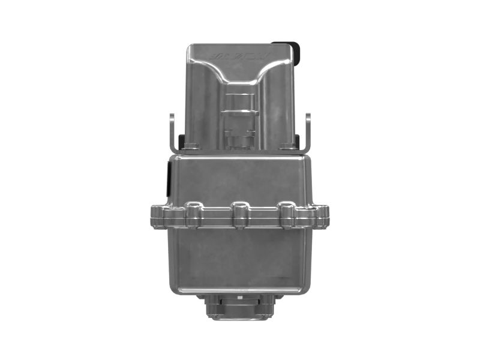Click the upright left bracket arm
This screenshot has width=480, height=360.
click(x=172, y=132)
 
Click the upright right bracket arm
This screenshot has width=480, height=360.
click(x=308, y=132)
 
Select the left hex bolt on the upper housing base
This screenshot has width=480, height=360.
click(x=191, y=146)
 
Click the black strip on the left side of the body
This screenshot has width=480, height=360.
click(x=168, y=178)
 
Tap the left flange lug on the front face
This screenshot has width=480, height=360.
click(x=193, y=214)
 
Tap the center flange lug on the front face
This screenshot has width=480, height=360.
click(x=239, y=214)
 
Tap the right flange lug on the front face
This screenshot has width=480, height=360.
click(x=286, y=214)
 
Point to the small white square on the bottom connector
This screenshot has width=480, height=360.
click(x=239, y=297)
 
